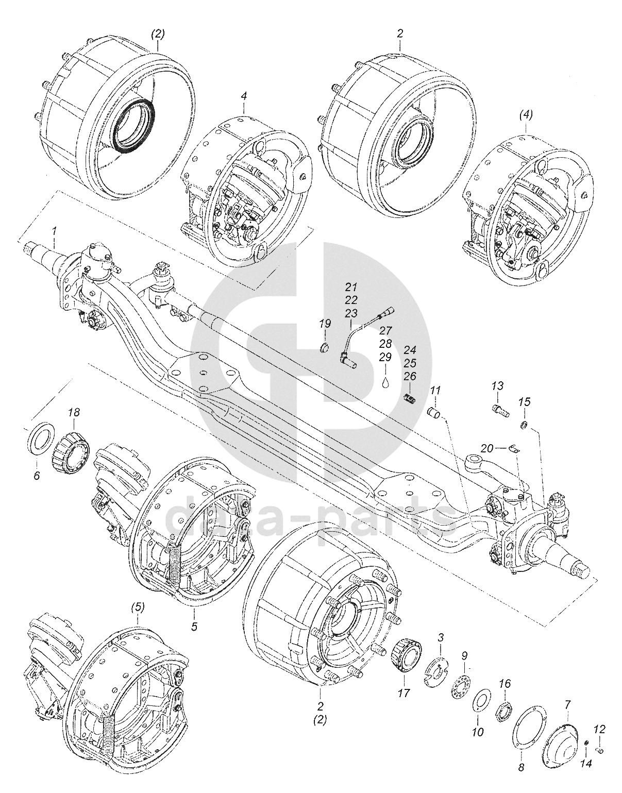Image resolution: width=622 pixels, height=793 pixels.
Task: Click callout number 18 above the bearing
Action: click(x=74, y=412)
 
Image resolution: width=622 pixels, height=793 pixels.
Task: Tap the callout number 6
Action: click(x=37, y=476)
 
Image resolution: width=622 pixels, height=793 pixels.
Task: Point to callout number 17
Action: click(x=404, y=693)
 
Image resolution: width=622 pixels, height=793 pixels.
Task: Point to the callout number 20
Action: click(x=486, y=449)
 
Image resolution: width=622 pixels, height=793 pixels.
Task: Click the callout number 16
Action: click(x=505, y=684)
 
